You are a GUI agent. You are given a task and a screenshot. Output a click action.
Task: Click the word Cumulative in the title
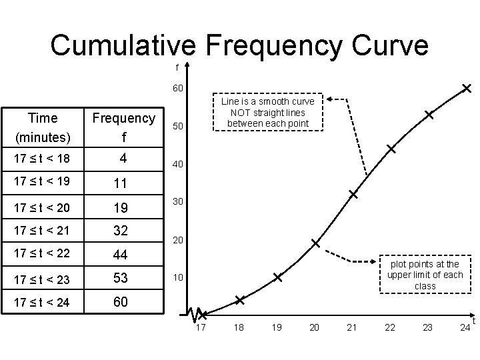[123, 45]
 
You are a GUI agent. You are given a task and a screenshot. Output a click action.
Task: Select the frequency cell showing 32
[121, 231]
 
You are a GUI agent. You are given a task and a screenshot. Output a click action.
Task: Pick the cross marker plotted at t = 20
[315, 243]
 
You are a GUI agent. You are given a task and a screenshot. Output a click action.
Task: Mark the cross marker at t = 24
[467, 88]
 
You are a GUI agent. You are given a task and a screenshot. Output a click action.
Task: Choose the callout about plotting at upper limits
[425, 275]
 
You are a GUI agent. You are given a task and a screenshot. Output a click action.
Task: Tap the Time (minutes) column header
[43, 128]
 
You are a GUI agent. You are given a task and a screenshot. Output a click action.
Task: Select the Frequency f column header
[123, 128]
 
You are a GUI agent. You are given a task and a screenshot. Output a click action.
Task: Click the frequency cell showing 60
[121, 302]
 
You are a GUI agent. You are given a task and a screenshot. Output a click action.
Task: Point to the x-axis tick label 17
[201, 327]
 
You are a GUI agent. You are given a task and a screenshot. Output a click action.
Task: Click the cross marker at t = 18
[239, 301]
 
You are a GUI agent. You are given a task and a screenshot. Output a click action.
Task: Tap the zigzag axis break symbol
[195, 313]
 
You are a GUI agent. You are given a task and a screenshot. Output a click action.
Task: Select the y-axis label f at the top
[177, 67]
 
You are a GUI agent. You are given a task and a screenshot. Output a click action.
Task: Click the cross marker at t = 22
[391, 149]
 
